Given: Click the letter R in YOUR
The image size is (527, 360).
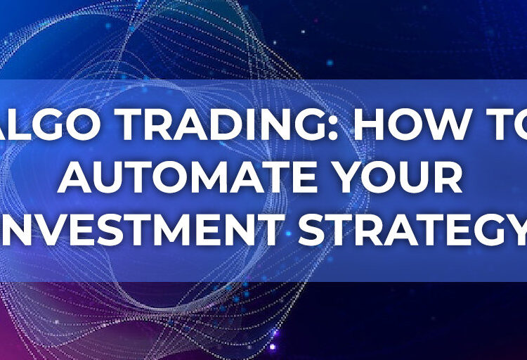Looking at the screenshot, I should (450, 180).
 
